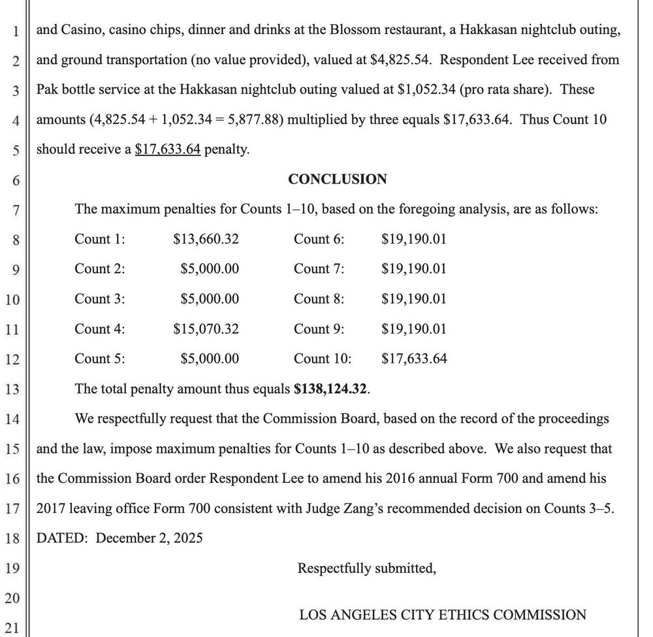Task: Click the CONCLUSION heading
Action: [x=337, y=179]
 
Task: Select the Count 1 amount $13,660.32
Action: [x=206, y=239]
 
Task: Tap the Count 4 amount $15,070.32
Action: [x=206, y=329]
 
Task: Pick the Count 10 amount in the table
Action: [x=414, y=359]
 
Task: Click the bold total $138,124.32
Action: [x=331, y=389]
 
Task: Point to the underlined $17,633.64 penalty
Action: [x=167, y=150]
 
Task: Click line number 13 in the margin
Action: [x=13, y=390]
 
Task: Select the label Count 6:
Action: [x=319, y=239]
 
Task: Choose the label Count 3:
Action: [x=100, y=299]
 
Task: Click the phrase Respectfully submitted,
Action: [x=366, y=568]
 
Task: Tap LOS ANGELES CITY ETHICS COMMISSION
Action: [x=442, y=615]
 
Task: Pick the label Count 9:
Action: [x=319, y=329]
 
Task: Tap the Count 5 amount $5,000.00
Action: [x=209, y=359]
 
